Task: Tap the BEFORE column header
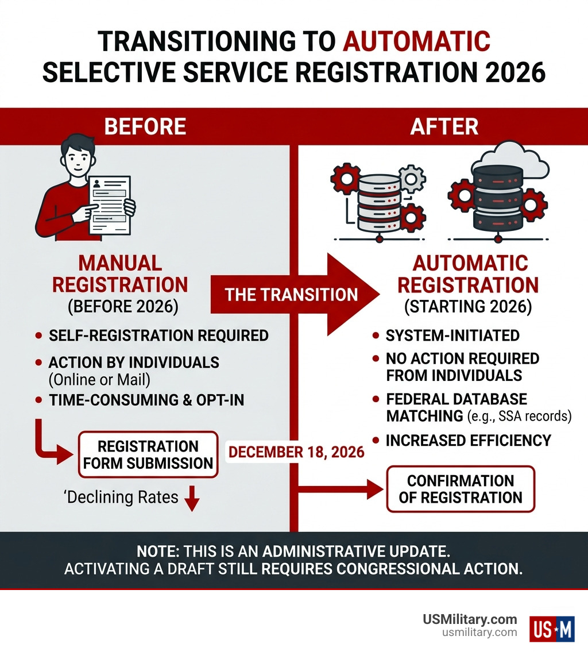[145, 126]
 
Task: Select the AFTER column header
[444, 126]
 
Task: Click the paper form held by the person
[109, 204]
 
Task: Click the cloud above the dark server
[497, 158]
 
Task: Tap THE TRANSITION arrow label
[291, 295]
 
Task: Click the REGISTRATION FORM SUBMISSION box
[148, 454]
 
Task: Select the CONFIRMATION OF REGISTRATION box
[461, 489]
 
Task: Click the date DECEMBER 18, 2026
[296, 452]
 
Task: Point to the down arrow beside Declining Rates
[192, 499]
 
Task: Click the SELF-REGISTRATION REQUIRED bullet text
[158, 335]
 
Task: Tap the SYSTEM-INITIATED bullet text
[452, 335]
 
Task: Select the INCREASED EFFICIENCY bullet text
[468, 440]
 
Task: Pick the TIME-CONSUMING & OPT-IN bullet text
[146, 400]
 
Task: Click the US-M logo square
[552, 628]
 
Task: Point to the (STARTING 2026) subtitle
[468, 306]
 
